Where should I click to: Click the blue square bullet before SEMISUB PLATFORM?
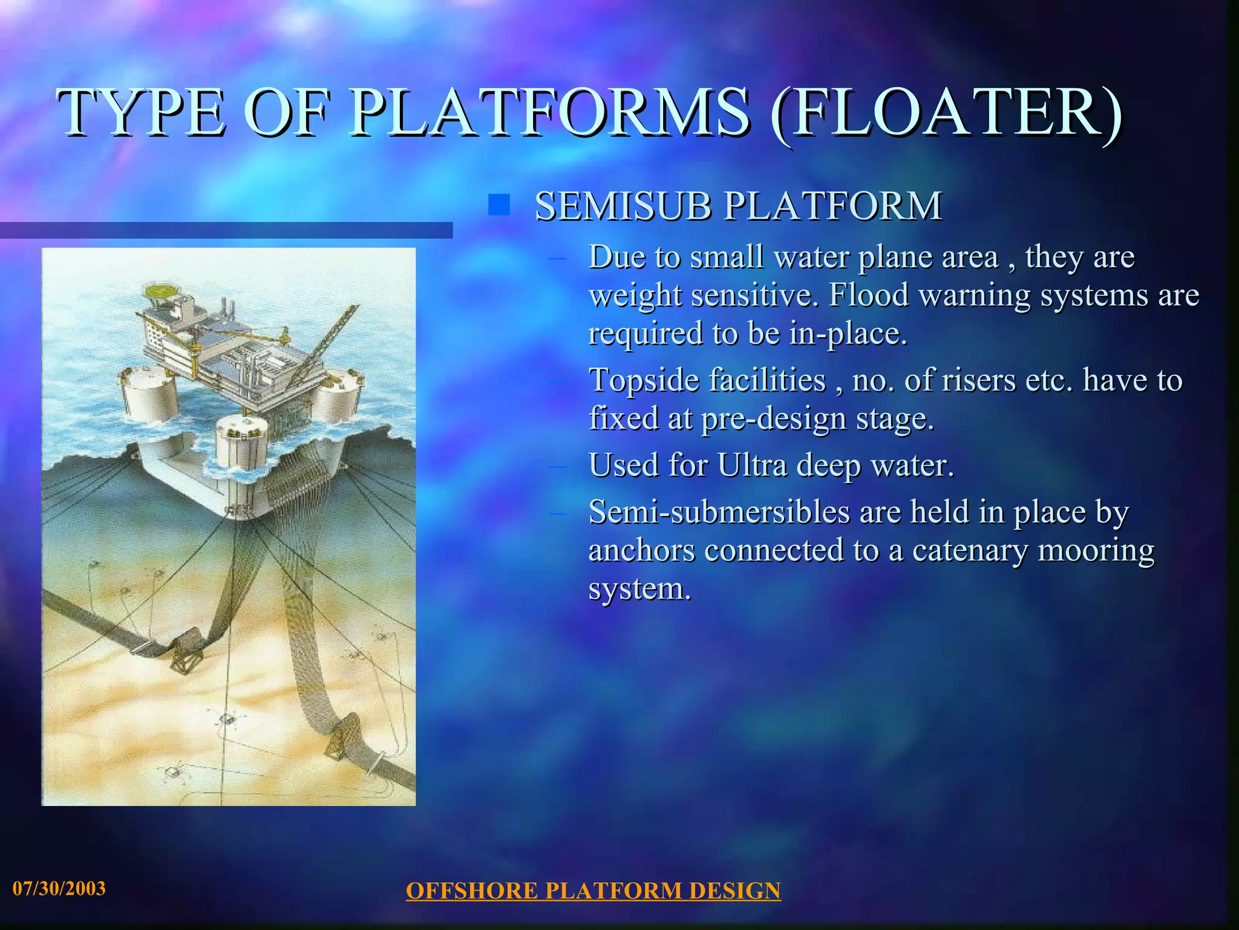point(499,205)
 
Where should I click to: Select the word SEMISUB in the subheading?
point(623,206)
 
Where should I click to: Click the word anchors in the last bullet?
point(642,550)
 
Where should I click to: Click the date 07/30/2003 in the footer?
point(59,888)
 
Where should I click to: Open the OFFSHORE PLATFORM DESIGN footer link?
point(593,891)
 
